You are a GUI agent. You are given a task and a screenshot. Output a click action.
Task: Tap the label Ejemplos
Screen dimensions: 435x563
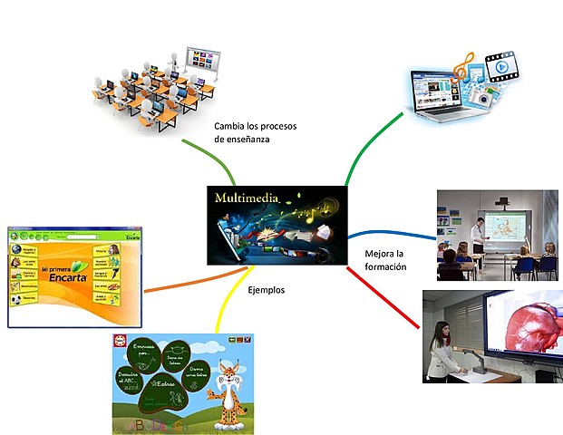tap(267, 290)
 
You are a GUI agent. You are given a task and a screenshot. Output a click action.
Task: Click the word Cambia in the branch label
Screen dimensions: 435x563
tap(232, 126)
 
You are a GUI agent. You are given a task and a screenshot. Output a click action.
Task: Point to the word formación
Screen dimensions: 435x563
tap(385, 267)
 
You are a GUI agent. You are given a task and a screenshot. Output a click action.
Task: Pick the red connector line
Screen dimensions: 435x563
tap(381, 295)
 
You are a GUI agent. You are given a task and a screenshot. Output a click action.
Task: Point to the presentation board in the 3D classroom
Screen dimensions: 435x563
tap(201, 62)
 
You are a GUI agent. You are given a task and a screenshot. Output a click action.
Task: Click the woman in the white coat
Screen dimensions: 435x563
tap(442, 349)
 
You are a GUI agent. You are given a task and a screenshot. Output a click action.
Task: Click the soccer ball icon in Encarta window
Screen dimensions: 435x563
tap(17, 295)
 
